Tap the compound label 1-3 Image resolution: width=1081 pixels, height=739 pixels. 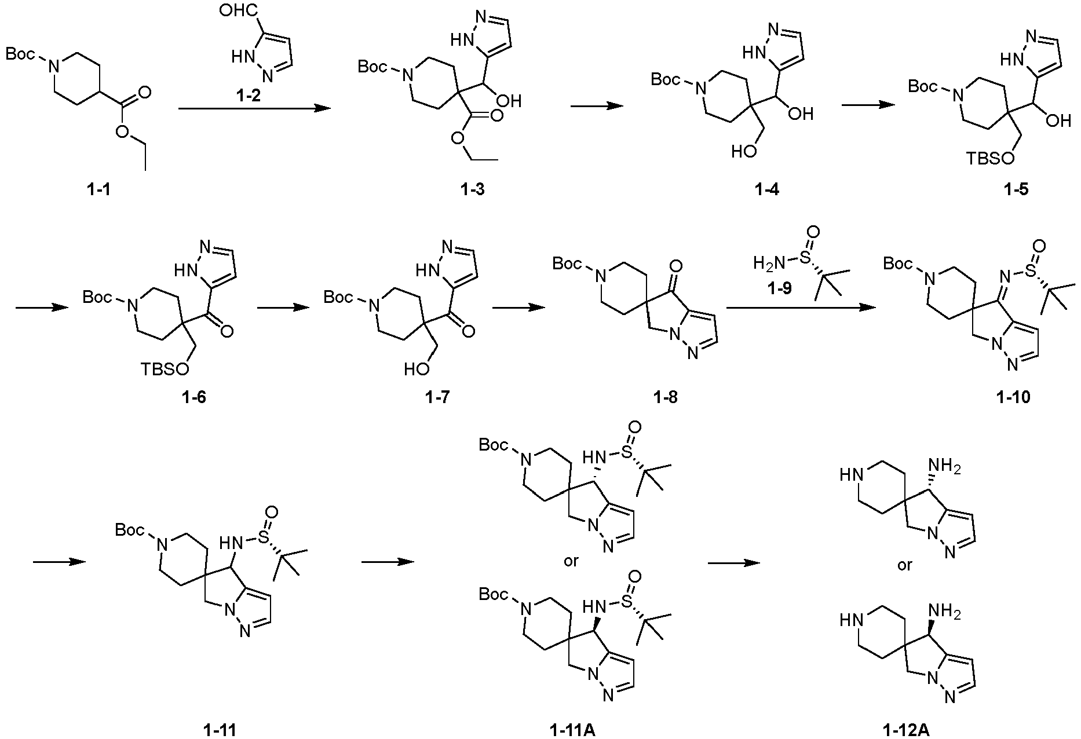click(472, 189)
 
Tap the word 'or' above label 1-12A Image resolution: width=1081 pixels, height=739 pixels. click(904, 565)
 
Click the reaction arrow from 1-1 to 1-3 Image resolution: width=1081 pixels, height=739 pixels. click(250, 108)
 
